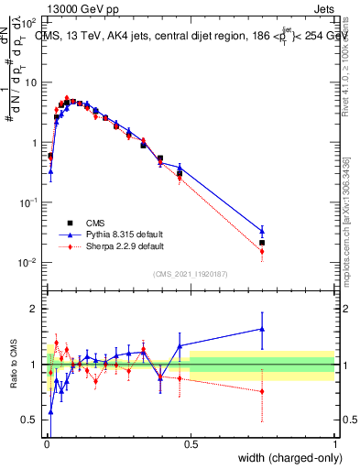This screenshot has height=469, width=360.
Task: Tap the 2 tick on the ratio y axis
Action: click(34, 309)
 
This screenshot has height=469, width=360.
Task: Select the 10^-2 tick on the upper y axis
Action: click(29, 263)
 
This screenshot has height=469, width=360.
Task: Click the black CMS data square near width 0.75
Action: click(262, 243)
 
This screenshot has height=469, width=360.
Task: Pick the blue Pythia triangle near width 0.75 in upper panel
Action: click(262, 231)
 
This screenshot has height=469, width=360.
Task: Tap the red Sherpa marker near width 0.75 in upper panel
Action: click(262, 251)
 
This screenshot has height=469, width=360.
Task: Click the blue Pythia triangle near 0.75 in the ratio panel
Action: click(262, 328)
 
